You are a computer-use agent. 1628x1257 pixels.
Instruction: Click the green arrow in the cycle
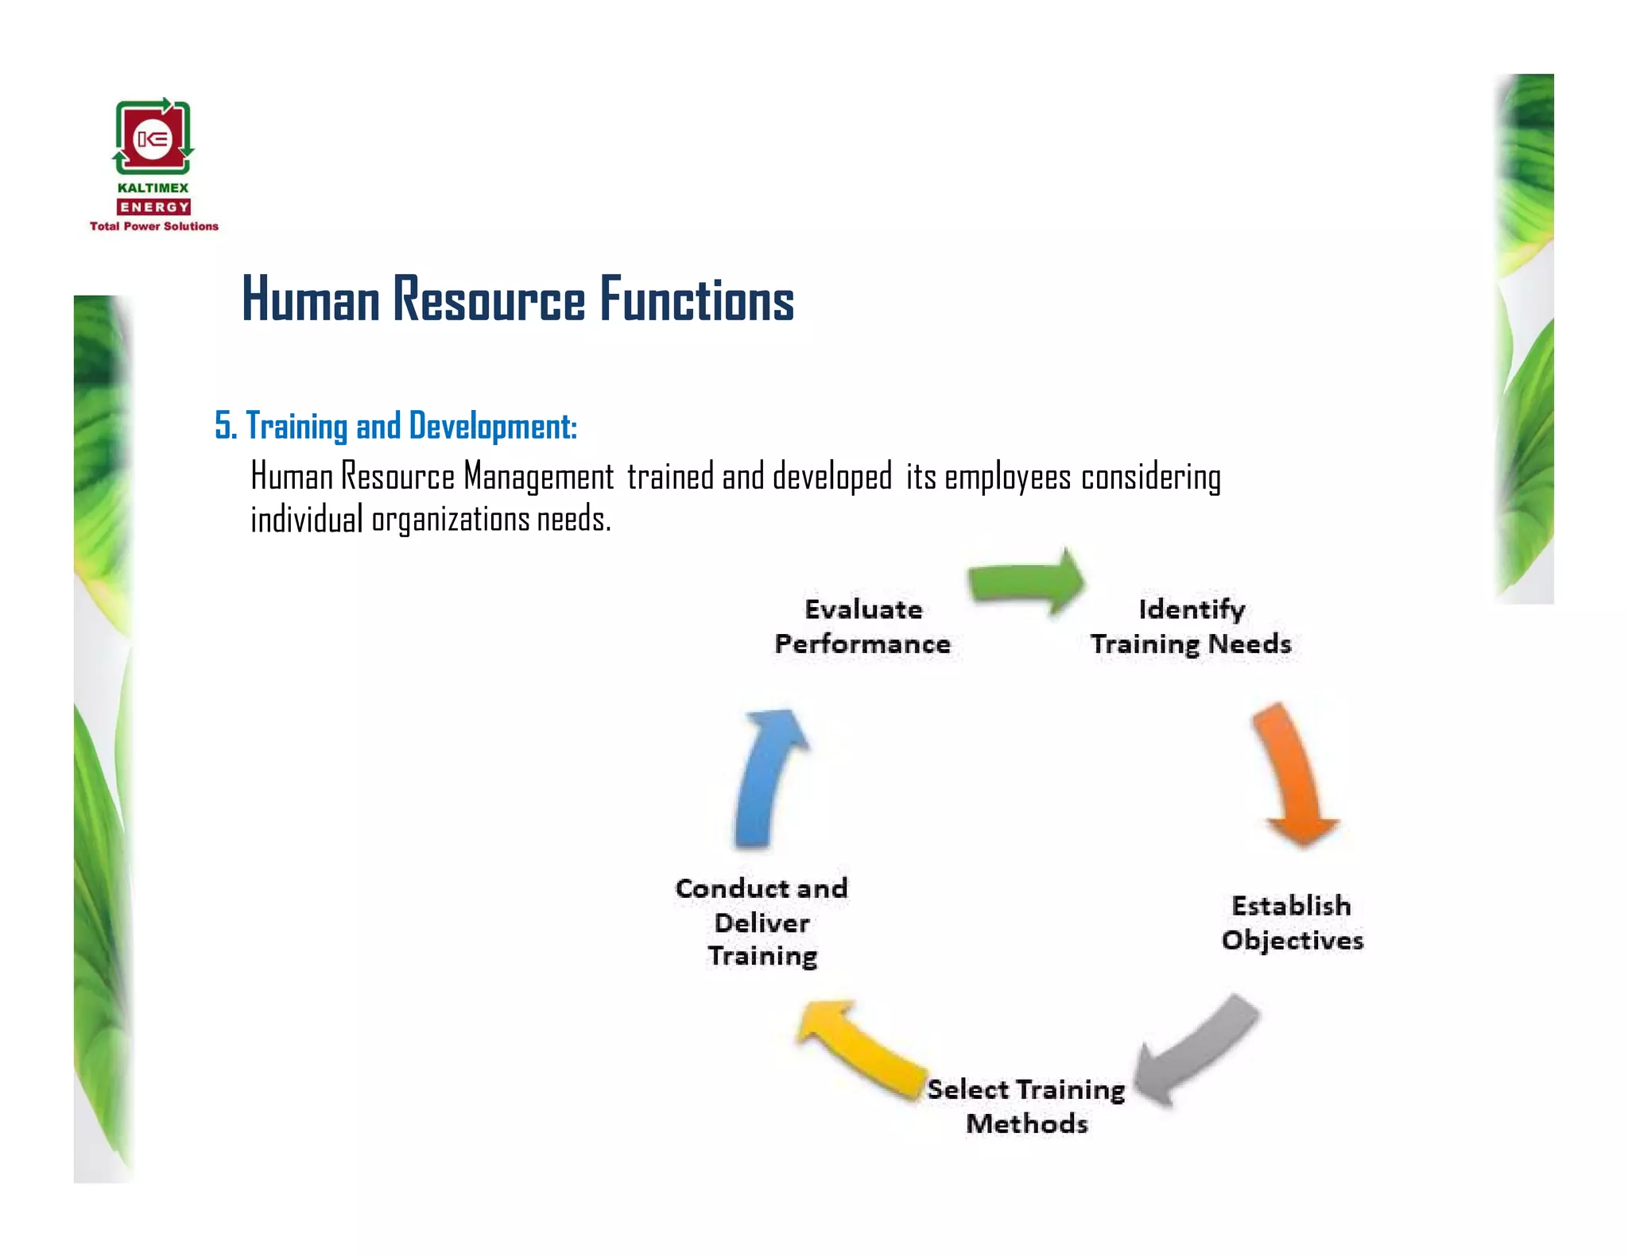coord(1025,583)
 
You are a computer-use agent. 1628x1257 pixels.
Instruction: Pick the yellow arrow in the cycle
coord(862,1049)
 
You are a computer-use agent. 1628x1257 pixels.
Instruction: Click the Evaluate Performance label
coord(862,626)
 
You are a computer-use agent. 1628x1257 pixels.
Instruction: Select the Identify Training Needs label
coord(1191,626)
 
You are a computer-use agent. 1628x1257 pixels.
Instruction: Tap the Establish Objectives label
coord(1292,922)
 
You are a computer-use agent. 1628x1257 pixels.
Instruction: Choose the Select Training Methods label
coord(1025,1106)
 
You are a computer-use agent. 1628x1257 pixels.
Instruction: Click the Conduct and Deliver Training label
coord(762,922)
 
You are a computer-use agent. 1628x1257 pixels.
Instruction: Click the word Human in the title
coord(311,300)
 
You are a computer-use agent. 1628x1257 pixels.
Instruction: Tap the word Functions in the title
coord(696,300)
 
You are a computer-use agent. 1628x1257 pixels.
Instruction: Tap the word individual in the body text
coord(306,519)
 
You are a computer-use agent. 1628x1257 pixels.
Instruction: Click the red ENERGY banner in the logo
coord(153,207)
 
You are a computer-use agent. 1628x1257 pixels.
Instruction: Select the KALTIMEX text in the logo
coord(153,188)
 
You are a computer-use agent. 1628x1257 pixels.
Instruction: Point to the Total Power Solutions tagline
coord(153,226)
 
